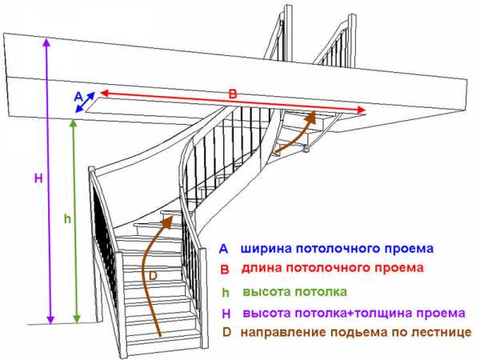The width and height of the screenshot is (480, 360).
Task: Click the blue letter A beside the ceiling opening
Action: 78,97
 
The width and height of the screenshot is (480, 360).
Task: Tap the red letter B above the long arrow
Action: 233,94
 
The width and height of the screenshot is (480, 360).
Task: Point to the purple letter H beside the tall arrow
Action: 38,178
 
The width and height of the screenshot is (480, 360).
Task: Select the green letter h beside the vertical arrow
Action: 67,218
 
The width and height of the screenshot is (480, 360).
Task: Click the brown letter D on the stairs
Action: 153,276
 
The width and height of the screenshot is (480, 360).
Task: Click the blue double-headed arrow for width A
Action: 85,102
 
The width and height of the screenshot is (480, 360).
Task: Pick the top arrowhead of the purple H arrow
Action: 46,42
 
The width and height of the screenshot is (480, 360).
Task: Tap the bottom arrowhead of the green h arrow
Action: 77,318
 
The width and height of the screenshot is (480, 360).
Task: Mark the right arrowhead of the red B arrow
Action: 361,110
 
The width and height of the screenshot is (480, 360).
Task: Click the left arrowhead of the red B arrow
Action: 106,92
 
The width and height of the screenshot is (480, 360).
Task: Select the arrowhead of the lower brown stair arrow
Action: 168,221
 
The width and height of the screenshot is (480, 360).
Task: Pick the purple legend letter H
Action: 226,314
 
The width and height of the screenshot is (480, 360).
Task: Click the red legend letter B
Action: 225,270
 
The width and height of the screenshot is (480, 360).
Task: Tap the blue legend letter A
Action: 223,249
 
